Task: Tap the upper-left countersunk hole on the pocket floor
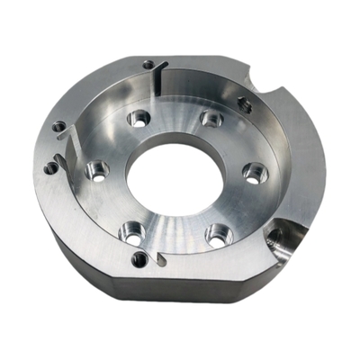[x=139, y=117]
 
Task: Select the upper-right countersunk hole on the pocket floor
[x=211, y=117]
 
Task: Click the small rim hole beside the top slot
[x=147, y=64]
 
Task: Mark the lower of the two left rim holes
[x=50, y=166]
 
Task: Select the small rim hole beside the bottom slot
[x=139, y=260]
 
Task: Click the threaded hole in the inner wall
[x=243, y=103]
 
